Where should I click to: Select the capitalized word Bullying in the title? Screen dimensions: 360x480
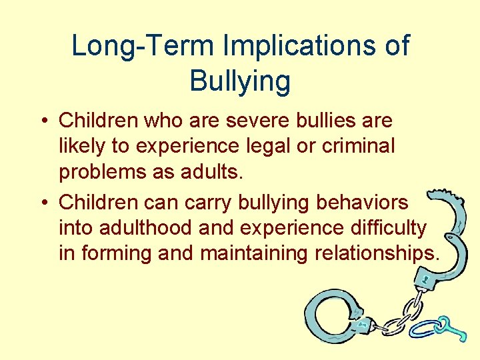240,81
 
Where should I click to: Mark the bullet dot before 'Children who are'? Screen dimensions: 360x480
42,121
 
